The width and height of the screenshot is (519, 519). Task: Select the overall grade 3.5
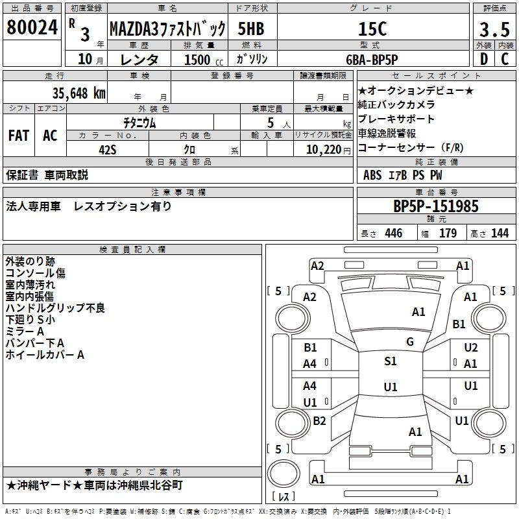click(494, 29)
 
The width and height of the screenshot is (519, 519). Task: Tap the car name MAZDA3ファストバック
click(167, 29)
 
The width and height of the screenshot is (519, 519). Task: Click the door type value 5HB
click(250, 29)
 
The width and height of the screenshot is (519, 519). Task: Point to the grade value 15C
click(372, 29)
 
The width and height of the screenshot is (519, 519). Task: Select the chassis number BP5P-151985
click(436, 206)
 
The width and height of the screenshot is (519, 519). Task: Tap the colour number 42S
click(108, 149)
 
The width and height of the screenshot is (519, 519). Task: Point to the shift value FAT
click(19, 136)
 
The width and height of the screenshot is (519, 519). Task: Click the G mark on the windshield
click(409, 342)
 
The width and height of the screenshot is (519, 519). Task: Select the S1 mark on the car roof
click(391, 361)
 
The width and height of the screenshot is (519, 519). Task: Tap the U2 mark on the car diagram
click(471, 348)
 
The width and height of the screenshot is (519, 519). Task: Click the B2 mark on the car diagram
click(319, 421)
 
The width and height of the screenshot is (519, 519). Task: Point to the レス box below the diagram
click(284, 498)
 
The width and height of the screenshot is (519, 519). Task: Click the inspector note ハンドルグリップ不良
click(55, 308)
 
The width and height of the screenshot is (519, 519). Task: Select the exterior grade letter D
click(483, 59)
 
